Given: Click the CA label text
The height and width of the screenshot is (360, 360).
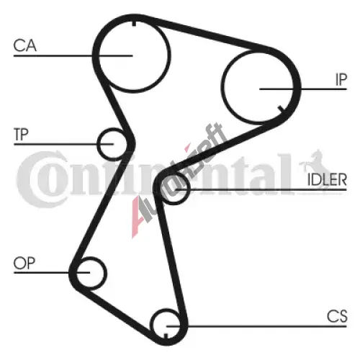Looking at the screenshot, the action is [25, 45].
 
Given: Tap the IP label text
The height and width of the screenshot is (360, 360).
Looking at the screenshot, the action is [341, 79].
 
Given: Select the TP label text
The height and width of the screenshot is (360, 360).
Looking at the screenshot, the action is [21, 135].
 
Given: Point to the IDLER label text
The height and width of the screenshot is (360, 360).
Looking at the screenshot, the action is [327, 180].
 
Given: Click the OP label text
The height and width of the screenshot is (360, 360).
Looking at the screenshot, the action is [24, 264].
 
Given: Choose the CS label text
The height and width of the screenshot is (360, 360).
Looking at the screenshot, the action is [337, 316].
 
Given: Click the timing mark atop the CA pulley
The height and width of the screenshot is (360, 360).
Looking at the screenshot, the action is [134, 24].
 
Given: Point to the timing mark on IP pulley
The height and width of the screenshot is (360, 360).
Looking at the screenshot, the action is [281, 109].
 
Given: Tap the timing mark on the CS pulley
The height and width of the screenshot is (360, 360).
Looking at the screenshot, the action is [166, 336].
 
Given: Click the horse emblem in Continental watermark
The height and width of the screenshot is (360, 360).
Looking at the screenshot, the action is [313, 161].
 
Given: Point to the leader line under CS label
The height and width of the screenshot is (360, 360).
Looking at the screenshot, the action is [256, 326].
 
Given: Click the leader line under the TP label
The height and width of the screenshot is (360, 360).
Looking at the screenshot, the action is [63, 144].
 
